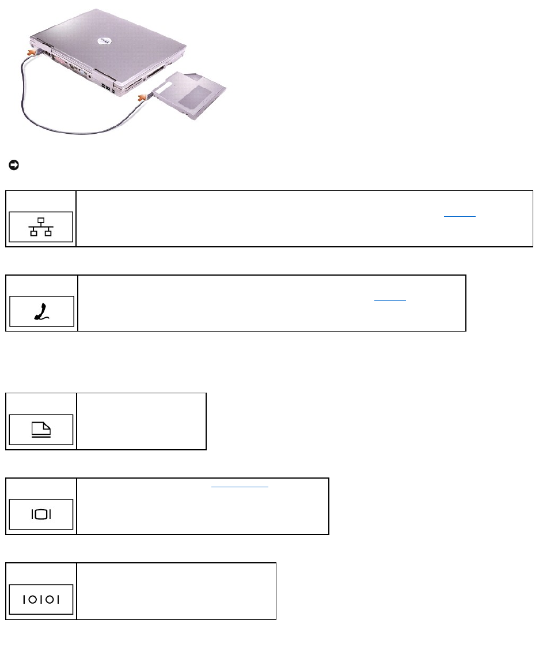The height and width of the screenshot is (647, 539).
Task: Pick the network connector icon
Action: click(41, 226)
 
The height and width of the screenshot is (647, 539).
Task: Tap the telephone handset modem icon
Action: click(41, 311)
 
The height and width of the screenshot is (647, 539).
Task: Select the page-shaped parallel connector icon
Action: click(41, 430)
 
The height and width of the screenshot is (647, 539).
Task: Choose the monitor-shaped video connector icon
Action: click(41, 514)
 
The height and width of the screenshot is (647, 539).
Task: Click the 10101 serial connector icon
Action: click(41, 599)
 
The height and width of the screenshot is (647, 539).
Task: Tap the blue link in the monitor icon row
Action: click(240, 486)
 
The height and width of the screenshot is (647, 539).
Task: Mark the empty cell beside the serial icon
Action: click(176, 591)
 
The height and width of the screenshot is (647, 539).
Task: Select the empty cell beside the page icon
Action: click(141, 422)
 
